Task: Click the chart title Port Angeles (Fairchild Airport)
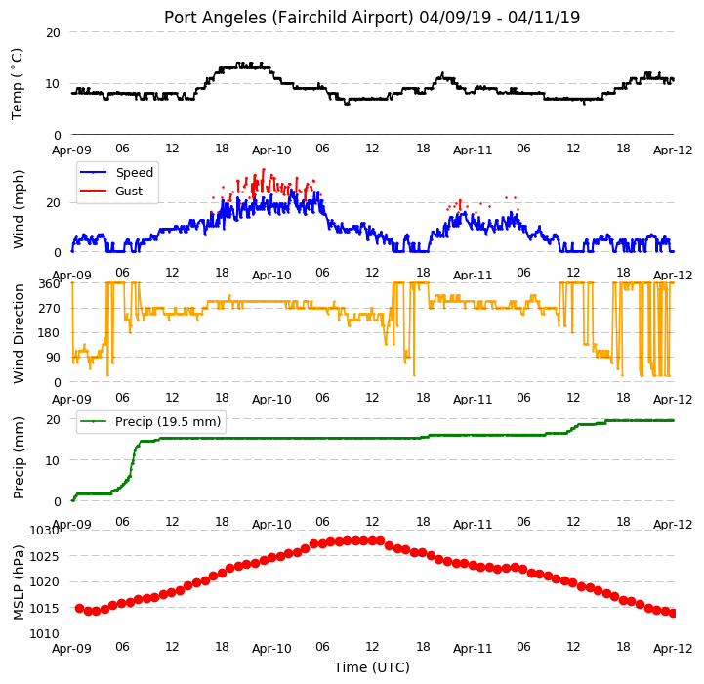(x=288, y=18)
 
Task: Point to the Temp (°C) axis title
(x=17, y=84)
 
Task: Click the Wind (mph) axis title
(x=18, y=209)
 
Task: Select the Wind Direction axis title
(x=18, y=333)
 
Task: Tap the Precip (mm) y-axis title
(x=18, y=457)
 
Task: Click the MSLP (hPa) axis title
(x=18, y=582)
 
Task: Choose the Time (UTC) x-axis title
(x=372, y=667)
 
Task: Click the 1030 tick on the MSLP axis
(x=45, y=531)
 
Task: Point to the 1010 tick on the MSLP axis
(x=45, y=633)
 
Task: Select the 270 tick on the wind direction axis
(x=50, y=309)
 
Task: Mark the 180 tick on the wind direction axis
(x=50, y=333)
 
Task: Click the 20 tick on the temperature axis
(x=53, y=33)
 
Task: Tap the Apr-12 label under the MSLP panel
(x=673, y=649)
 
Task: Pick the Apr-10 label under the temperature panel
(x=271, y=150)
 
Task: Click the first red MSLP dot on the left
(x=79, y=608)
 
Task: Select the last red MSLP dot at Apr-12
(x=673, y=613)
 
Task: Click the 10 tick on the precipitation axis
(x=53, y=460)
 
